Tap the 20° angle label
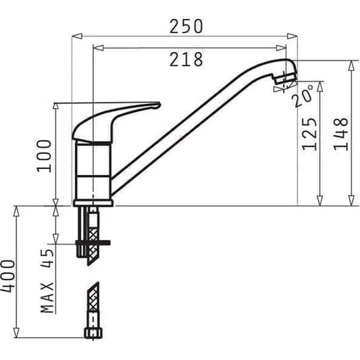303,97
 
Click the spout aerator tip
284,82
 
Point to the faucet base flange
93,202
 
